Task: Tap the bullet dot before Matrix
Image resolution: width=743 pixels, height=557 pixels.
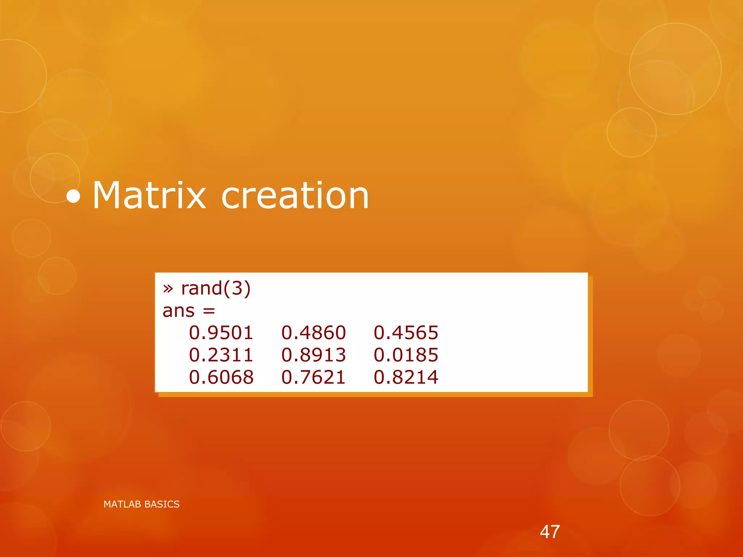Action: pyautogui.click(x=74, y=197)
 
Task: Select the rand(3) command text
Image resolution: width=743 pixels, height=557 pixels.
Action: pyautogui.click(x=216, y=289)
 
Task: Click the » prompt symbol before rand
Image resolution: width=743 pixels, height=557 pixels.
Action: pyautogui.click(x=168, y=289)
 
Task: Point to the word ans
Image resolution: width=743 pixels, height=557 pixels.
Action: pyautogui.click(x=178, y=311)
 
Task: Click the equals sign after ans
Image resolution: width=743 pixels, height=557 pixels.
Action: pyautogui.click(x=209, y=311)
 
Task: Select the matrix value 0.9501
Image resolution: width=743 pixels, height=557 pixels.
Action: pyautogui.click(x=221, y=333)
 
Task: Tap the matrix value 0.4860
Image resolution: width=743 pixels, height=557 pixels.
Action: pyautogui.click(x=313, y=333)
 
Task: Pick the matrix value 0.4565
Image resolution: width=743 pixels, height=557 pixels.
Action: pyautogui.click(x=406, y=333)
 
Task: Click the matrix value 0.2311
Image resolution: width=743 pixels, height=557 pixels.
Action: pyautogui.click(x=221, y=355)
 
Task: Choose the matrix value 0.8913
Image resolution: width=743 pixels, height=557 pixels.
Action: pyautogui.click(x=313, y=355)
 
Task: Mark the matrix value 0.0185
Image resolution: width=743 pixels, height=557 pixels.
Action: pyautogui.click(x=406, y=355)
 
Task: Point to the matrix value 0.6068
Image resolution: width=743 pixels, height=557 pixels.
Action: pyautogui.click(x=221, y=377)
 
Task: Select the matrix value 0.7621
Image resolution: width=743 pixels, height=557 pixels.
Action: pyautogui.click(x=313, y=377)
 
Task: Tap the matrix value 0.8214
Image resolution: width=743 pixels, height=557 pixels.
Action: pyautogui.click(x=406, y=377)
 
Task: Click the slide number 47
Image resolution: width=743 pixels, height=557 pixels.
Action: pyautogui.click(x=550, y=532)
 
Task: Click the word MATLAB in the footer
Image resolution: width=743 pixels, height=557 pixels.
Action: pyautogui.click(x=123, y=504)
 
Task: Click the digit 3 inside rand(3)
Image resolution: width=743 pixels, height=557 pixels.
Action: pyautogui.click(x=237, y=289)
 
